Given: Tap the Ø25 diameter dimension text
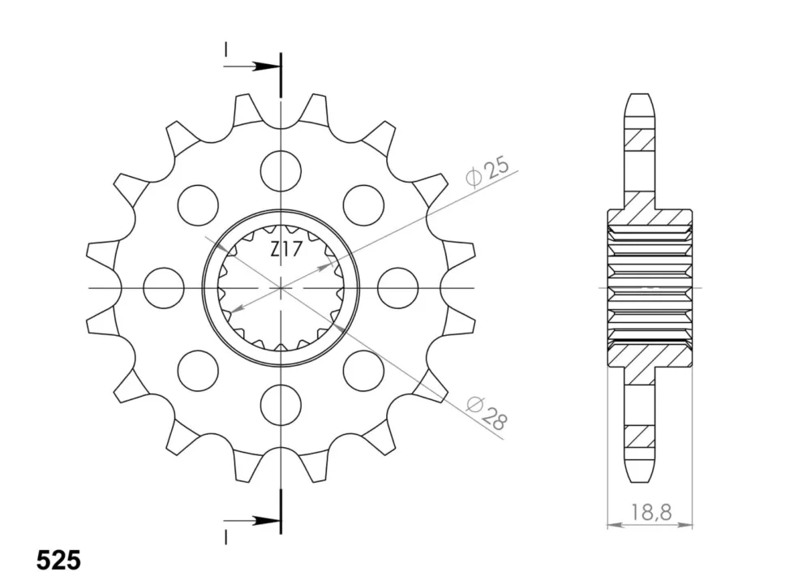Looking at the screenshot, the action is click(x=487, y=171).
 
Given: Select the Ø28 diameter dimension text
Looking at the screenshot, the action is click(x=486, y=413).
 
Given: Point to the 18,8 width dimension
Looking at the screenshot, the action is click(x=650, y=512).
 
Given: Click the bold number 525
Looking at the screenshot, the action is click(x=59, y=560).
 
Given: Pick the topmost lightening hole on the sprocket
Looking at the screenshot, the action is click(x=281, y=170).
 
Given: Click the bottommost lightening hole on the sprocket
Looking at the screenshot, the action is click(x=281, y=405).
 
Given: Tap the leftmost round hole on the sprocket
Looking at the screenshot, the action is click(x=164, y=287).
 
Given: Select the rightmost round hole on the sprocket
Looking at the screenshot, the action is click(x=397, y=287).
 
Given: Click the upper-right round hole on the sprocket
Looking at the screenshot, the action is click(x=363, y=204).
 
